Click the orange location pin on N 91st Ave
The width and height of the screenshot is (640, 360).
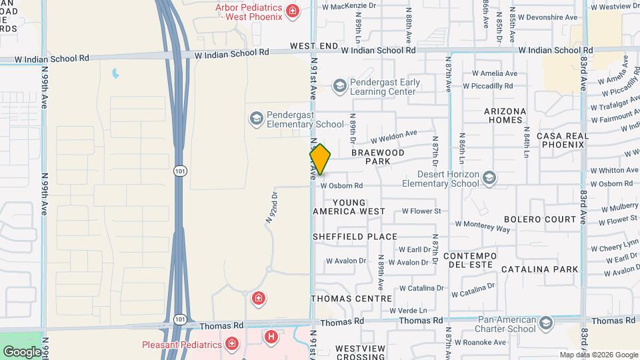pos(320,159)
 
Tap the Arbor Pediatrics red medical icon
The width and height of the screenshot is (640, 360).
pos(292,10)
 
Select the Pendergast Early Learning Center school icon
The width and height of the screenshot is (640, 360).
pos(340,85)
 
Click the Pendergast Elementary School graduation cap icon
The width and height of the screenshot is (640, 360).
pos(256,119)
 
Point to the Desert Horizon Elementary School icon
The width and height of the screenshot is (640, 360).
pos(490,178)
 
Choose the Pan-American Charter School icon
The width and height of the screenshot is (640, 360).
pos(546,323)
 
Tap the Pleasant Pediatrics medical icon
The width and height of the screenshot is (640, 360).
pos(231,344)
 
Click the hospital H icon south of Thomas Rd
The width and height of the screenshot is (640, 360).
pos(271,337)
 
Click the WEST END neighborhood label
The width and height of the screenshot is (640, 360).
pos(314,46)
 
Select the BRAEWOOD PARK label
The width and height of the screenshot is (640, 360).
pos(378,157)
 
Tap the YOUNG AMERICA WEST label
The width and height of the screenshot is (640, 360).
pos(349,207)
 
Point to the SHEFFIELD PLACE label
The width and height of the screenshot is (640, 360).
pos(355,237)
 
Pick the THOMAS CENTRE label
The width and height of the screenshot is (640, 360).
pos(351,299)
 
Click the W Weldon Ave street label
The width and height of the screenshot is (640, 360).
pos(393,136)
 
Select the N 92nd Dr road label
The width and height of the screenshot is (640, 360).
pos(271,207)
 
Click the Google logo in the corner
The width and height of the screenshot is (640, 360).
pos(22,351)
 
